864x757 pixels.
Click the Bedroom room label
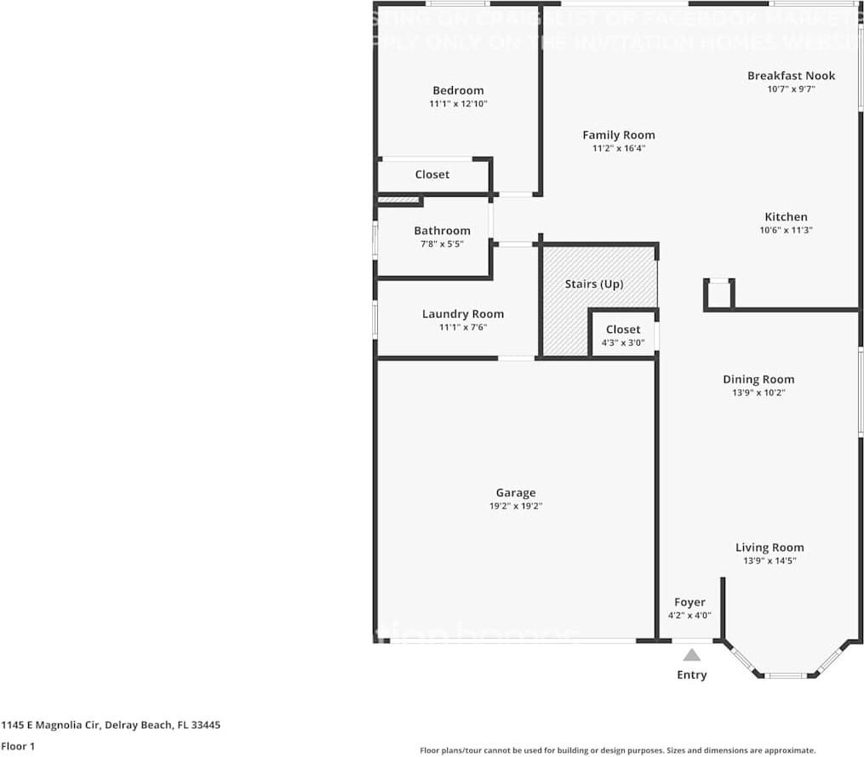point(458,90)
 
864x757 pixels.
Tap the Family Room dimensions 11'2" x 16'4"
point(619,148)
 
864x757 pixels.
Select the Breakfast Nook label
point(791,76)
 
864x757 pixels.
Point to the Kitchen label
point(786,217)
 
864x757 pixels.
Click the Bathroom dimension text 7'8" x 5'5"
point(442,244)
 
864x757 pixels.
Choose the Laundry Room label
point(462,314)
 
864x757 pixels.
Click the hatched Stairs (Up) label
point(593,284)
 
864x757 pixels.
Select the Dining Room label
point(758,380)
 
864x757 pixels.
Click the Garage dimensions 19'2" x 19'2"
point(516,506)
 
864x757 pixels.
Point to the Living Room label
point(770,548)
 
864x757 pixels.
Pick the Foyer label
point(689,602)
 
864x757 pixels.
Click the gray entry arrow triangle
point(692,655)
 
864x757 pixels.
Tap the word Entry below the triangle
point(692,675)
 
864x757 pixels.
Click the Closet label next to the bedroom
point(432,175)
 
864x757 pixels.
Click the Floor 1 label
point(18,747)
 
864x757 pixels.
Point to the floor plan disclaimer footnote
point(617,750)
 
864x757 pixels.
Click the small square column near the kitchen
point(718,295)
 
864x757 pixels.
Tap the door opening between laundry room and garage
point(516,358)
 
